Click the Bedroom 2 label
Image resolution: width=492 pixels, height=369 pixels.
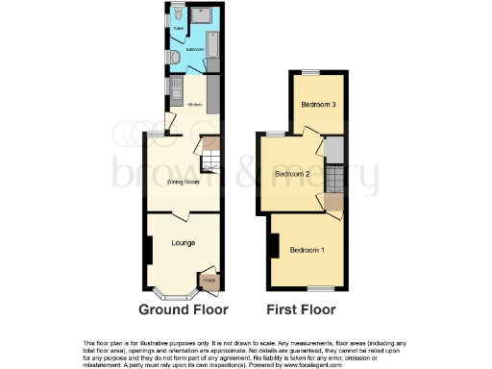291,174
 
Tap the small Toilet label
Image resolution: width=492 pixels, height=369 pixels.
177,28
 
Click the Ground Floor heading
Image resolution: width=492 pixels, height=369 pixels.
184,309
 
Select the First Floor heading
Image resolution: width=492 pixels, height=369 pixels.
303,309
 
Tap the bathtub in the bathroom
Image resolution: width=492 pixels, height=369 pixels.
213,45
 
